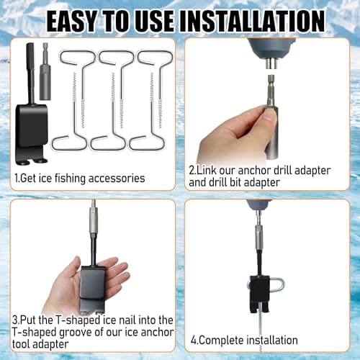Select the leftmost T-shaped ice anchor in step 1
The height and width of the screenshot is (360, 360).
point(75,102)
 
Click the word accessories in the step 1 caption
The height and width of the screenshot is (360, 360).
point(114,178)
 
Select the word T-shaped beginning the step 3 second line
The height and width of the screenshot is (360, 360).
point(33,332)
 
